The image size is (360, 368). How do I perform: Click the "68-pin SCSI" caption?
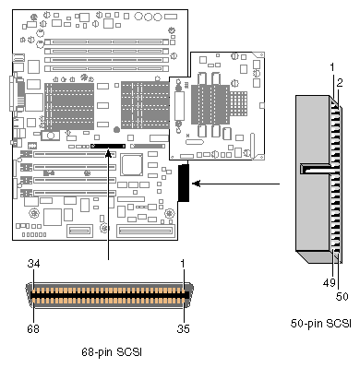pos(112,352)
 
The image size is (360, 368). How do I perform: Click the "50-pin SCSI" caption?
pos(321,324)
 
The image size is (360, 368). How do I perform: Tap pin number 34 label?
pos(33,264)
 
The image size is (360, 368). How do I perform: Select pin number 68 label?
pos(33,328)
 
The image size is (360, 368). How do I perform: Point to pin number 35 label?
pos(184,328)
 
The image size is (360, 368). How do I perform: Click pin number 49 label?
pos(329,282)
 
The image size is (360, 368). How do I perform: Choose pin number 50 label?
pos(342,296)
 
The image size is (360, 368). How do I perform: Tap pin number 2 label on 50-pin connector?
pos(340,83)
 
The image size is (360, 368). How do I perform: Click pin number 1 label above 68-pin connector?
pos(183,264)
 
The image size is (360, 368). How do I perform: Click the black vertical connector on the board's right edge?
pos(184,183)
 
